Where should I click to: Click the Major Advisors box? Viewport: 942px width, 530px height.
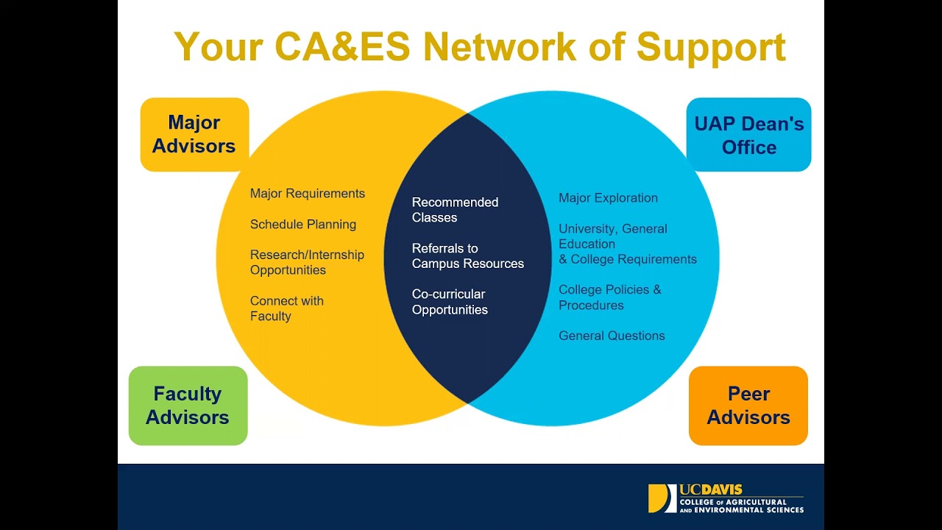pos(194,134)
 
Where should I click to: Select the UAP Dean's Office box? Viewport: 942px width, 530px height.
pos(748,135)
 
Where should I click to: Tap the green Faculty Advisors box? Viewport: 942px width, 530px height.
pos(188,406)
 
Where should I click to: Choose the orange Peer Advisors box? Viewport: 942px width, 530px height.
pos(748,406)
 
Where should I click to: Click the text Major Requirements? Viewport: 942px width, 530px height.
pos(308,194)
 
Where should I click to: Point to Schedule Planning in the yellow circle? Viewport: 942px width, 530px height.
pos(303,225)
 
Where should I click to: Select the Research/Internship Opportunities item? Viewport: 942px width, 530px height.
pos(307,263)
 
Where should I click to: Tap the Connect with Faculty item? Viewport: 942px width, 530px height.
pos(286,308)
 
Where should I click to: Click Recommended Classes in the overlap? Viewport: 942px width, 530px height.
pos(455,210)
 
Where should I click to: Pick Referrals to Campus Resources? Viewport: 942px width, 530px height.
pos(467,256)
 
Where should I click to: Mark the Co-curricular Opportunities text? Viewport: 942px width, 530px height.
pos(450,302)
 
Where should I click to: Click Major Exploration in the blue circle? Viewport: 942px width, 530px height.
pos(608,198)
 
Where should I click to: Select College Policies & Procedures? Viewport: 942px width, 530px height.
pos(609,297)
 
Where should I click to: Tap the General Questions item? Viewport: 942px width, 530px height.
pos(612,336)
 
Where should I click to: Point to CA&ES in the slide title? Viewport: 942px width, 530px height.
pos(342,47)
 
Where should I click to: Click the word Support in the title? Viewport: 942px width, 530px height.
pos(711,47)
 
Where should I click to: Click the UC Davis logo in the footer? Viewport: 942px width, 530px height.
pos(726,498)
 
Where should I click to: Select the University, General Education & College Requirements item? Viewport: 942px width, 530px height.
pos(627,244)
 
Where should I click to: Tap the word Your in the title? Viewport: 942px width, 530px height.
pos(219,47)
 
